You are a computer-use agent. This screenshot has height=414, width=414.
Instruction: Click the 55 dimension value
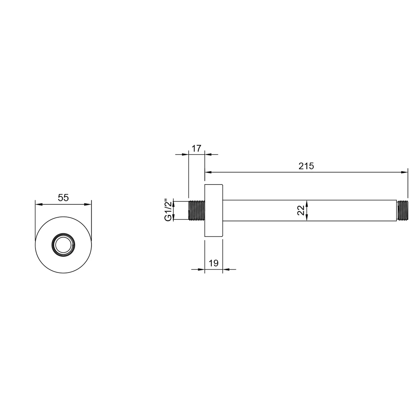pos(63,198)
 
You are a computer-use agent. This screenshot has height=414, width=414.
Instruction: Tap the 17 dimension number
pos(196,148)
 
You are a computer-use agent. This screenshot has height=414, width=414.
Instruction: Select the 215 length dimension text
pos(306,166)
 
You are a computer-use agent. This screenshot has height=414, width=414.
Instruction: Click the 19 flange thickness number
pos(214,263)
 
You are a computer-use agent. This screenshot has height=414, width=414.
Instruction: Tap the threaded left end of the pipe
pos(197,211)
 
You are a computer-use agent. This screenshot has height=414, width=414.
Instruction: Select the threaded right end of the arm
pos(402,210)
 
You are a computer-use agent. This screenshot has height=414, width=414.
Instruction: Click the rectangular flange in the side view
pos(213,210)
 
